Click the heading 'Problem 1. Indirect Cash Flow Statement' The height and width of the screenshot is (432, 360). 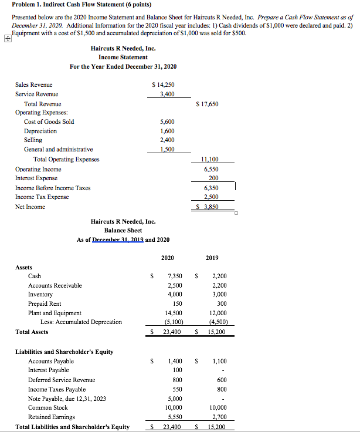click(69, 5)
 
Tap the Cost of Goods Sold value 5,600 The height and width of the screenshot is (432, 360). click(167, 122)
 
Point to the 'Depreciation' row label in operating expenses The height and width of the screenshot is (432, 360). click(40, 131)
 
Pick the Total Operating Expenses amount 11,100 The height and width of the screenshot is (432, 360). click(210, 159)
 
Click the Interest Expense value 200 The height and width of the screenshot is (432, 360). click(213, 178)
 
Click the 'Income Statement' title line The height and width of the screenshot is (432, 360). click(123, 57)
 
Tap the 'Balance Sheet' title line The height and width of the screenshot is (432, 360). click(123, 230)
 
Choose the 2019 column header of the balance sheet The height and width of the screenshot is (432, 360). click(212, 258)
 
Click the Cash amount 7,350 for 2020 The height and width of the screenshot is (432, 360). click(175, 276)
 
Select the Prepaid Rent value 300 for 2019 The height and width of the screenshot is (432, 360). click(221, 303)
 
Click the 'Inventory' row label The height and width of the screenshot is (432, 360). click(40, 295)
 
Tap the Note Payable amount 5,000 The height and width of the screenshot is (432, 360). click(175, 399)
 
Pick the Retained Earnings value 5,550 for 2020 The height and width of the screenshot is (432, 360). click(175, 417)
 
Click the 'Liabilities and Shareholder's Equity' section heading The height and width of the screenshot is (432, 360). click(64, 352)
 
